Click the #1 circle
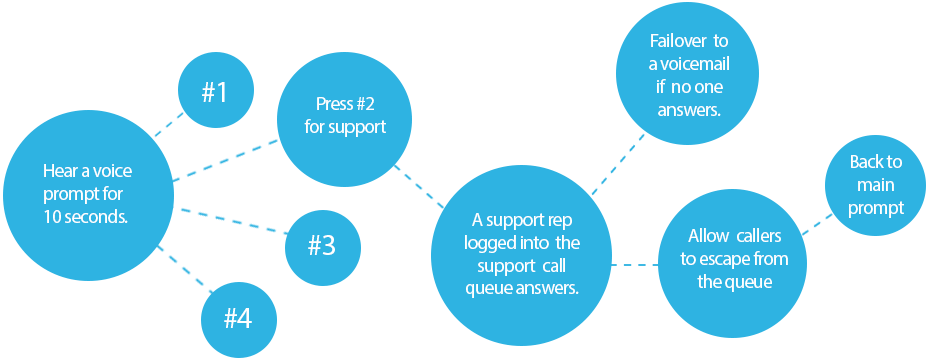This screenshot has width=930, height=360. (x=215, y=92)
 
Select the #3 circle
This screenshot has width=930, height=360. (x=322, y=245)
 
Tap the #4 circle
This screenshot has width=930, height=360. (x=238, y=318)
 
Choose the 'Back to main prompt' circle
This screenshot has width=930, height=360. (x=876, y=185)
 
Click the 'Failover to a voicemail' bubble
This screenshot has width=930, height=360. (x=689, y=75)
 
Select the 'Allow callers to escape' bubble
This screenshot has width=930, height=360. (x=734, y=260)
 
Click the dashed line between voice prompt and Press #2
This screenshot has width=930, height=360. (x=226, y=163)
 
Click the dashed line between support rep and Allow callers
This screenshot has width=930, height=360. (x=633, y=265)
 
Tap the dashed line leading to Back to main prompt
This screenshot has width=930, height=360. (x=815, y=225)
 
